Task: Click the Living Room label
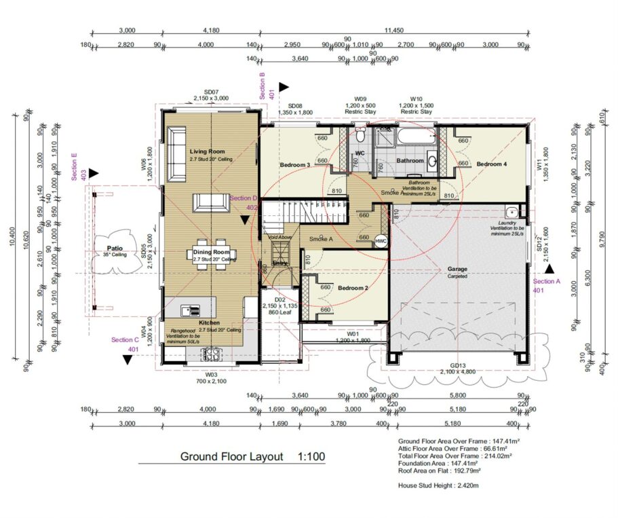[207, 151]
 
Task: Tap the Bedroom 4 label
[490, 164]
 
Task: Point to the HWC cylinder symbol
[381, 241]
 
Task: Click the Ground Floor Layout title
[231, 456]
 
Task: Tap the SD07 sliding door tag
[211, 92]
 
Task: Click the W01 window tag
[353, 333]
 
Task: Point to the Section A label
[547, 281]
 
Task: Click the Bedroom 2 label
[353, 289]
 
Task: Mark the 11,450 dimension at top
[393, 31]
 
